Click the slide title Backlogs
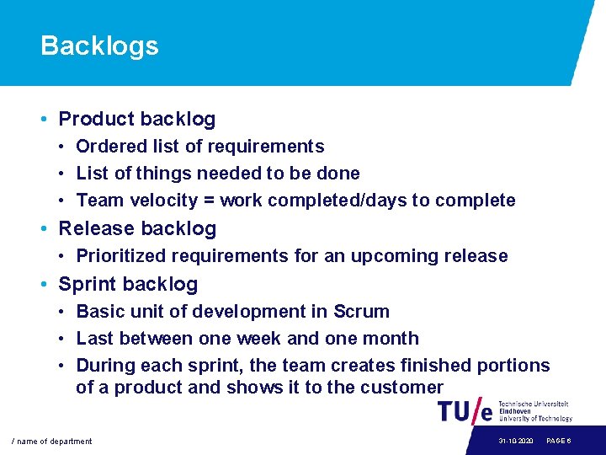click(x=99, y=45)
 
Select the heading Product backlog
click(x=136, y=120)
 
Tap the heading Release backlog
click(x=136, y=228)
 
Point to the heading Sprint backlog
click(x=128, y=284)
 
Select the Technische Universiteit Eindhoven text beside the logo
click(x=534, y=411)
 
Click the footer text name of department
click(x=51, y=442)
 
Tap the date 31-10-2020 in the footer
click(x=514, y=442)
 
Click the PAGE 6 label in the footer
click(x=560, y=442)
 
